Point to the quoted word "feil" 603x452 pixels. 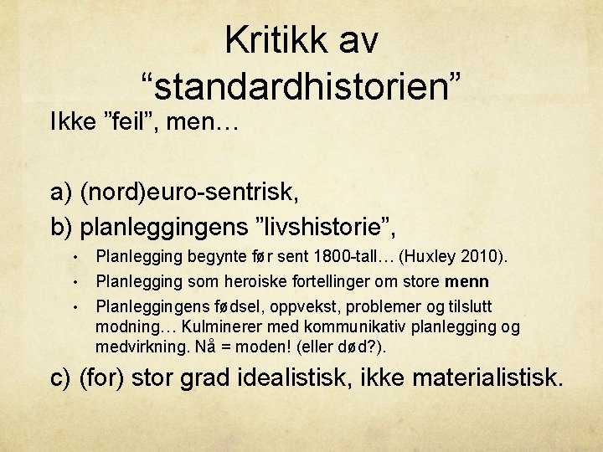[x=137, y=126]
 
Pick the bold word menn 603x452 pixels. [x=467, y=280]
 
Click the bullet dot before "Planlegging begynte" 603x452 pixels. [x=75, y=255]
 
